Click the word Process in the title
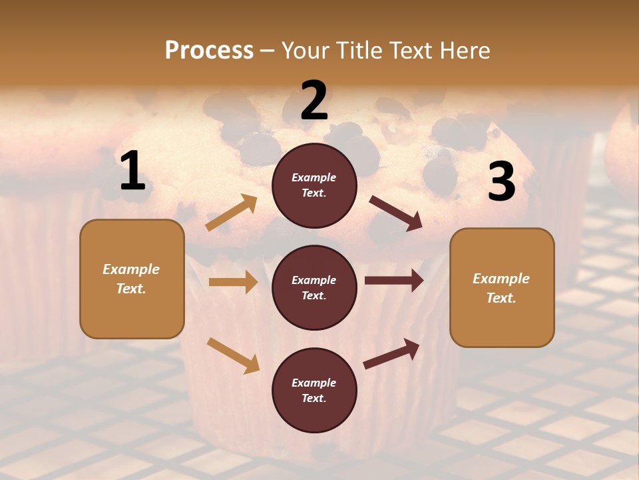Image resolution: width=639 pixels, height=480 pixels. pyautogui.click(x=209, y=50)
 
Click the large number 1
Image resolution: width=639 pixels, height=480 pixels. pyautogui.click(x=132, y=171)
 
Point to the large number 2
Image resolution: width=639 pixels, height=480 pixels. pyautogui.click(x=314, y=101)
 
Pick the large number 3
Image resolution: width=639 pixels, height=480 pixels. pyautogui.click(x=501, y=182)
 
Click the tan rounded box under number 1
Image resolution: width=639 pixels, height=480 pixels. pyautogui.click(x=132, y=279)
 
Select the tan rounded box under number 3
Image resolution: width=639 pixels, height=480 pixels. pyautogui.click(x=502, y=288)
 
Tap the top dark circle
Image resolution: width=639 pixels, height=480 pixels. pyautogui.click(x=314, y=185)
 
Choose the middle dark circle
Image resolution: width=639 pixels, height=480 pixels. pyautogui.click(x=314, y=288)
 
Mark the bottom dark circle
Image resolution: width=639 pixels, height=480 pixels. pyautogui.click(x=314, y=391)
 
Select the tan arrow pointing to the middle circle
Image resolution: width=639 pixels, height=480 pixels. pyautogui.click(x=233, y=282)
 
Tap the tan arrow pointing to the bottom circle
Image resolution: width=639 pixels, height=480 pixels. pyautogui.click(x=233, y=355)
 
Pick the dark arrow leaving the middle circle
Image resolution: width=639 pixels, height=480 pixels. pyautogui.click(x=393, y=281)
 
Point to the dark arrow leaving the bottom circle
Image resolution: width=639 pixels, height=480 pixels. pyautogui.click(x=391, y=354)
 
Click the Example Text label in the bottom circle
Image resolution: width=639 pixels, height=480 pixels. pyautogui.click(x=314, y=391)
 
